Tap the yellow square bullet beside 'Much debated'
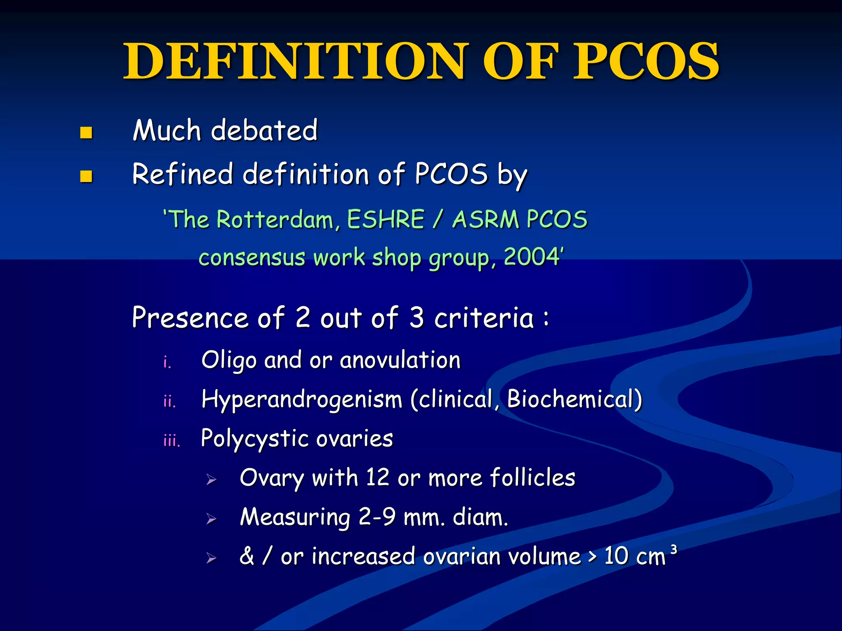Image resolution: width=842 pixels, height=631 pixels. pyautogui.click(x=86, y=133)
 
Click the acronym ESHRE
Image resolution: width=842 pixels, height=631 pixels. pyautogui.click(x=386, y=219)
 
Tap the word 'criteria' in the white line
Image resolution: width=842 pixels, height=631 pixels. pyautogui.click(x=484, y=318)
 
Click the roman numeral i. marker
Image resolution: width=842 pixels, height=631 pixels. pyautogui.click(x=167, y=362)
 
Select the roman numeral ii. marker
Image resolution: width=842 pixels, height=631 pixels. pyautogui.click(x=169, y=401)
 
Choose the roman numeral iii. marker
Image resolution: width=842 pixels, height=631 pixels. pyautogui.click(x=171, y=440)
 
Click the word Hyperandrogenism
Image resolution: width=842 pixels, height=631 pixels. pyautogui.click(x=302, y=400)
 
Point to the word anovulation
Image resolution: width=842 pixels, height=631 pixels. pyautogui.click(x=400, y=361)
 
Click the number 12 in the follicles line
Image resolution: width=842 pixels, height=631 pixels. pyautogui.click(x=377, y=478)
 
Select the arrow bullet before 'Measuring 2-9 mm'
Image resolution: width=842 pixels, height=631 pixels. pyautogui.click(x=211, y=519)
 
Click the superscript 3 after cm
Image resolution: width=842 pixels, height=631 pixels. pyautogui.click(x=673, y=550)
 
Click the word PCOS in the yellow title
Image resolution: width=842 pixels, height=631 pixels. pyautogui.click(x=646, y=62)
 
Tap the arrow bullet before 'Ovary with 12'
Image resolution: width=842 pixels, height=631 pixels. pyautogui.click(x=211, y=479)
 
